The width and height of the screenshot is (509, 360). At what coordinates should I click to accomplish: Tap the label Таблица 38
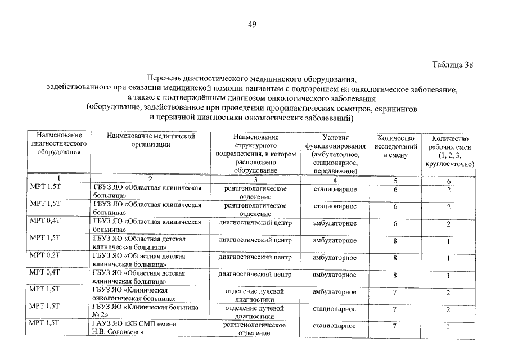coord(452,64)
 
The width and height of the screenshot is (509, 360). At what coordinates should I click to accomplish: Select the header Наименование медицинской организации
coord(150,140)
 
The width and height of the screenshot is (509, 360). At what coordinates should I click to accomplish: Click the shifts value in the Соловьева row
coord(449,328)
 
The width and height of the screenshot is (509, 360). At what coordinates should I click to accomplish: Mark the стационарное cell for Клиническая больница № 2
coord(335,309)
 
